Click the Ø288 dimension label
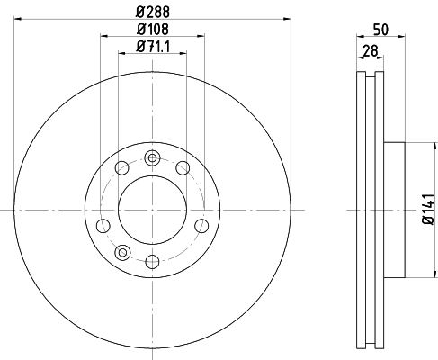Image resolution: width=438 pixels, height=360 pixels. [x=153, y=12]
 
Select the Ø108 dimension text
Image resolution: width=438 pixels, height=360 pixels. [x=153, y=29]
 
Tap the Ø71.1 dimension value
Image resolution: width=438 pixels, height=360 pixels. [x=153, y=47]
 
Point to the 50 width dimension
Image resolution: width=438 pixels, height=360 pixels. [x=380, y=30]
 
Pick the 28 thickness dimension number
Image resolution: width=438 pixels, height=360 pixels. [x=371, y=51]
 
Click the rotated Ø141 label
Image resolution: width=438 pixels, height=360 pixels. [x=428, y=209]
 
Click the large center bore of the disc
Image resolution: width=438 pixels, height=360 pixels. [x=152, y=210]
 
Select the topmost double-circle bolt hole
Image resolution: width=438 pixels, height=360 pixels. [x=152, y=158]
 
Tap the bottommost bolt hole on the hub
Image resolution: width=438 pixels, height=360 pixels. [x=152, y=261]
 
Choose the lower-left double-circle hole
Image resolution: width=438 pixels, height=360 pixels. [x=122, y=252]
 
